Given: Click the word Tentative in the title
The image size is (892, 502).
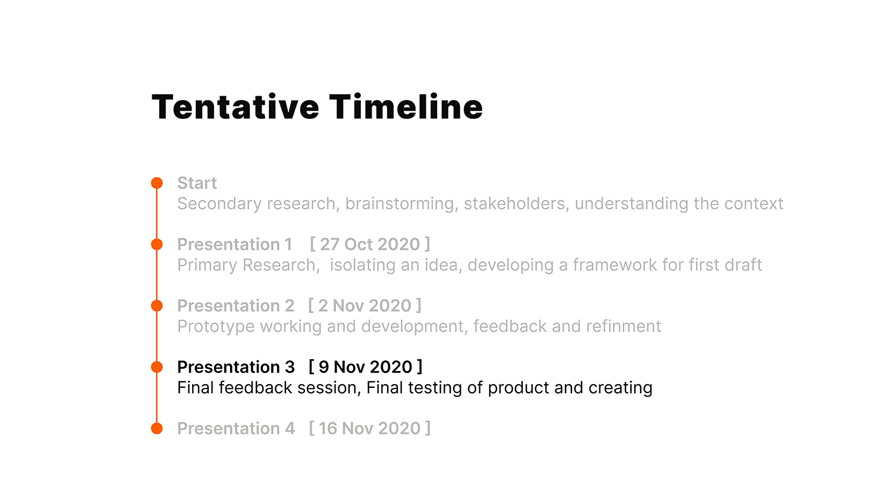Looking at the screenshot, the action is pos(235,107).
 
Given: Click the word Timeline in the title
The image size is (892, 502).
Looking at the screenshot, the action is pos(406,107).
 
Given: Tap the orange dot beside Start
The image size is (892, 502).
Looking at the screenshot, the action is pos(157,183).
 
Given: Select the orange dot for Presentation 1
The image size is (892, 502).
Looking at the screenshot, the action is pos(157,244).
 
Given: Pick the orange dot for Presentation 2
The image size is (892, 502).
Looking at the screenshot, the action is pos(157,306).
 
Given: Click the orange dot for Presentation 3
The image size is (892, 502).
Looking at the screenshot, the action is pos(157,367).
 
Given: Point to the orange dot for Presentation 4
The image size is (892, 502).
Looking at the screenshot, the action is pos(157,428).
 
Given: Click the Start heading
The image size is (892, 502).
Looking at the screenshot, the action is pos(197,183).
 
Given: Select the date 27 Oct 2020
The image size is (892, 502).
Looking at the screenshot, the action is pos(370,244).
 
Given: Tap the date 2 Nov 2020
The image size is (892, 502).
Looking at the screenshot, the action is pos(365,306).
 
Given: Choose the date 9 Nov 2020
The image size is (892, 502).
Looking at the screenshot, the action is pos(365,367).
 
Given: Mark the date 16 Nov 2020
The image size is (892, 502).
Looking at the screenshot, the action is pos(369,428).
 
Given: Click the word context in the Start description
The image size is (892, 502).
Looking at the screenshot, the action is pos(753,203).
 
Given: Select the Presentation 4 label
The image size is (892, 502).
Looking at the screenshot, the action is pos(236,428).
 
